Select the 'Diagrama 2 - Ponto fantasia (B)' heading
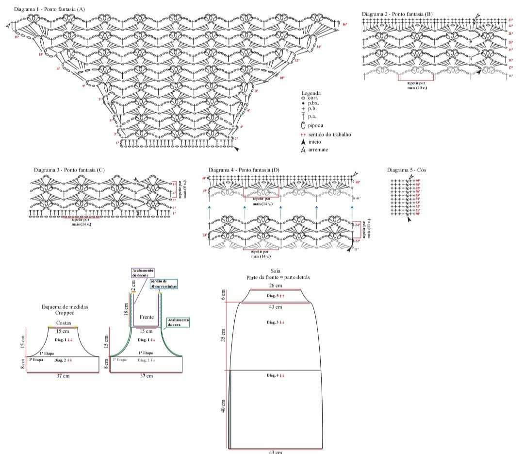397,14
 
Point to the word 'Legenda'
311,93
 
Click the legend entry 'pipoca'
315,125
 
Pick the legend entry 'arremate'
318,150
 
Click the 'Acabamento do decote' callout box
142,272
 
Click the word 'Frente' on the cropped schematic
147,317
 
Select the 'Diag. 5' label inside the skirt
272,295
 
